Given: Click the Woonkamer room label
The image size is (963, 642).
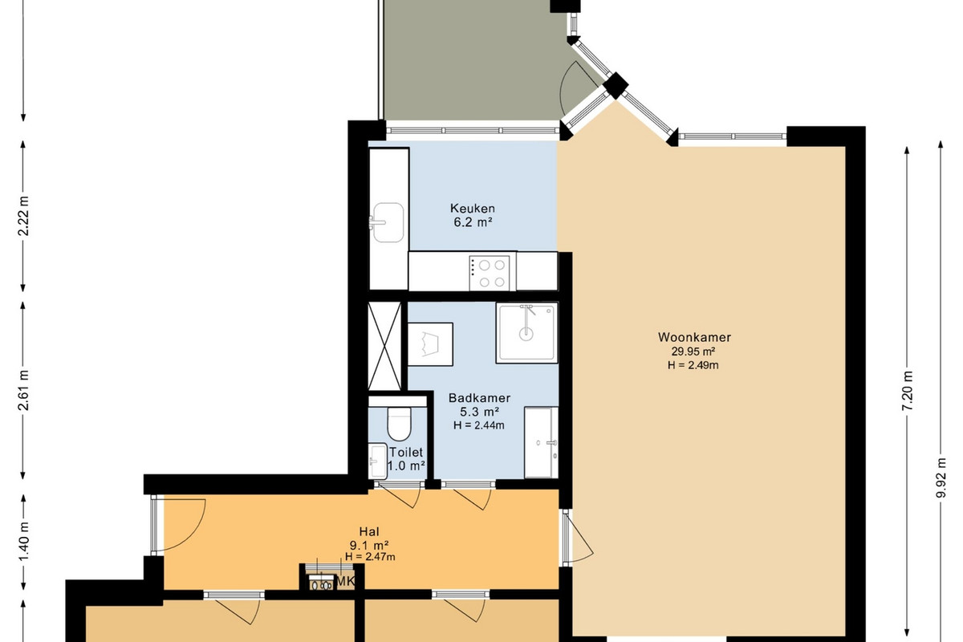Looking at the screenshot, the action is [x=694, y=337].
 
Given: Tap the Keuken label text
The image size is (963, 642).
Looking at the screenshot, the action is [x=473, y=209].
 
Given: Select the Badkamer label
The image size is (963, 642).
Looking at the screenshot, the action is [x=479, y=398].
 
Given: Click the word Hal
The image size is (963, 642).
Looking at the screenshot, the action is [x=369, y=531].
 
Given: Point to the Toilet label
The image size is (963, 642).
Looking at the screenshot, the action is [x=406, y=453].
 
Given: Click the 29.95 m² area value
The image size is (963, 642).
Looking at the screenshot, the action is [x=693, y=351].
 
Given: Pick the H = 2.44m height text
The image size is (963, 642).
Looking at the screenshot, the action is [x=479, y=425].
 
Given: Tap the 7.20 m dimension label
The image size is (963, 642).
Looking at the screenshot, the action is [x=907, y=390].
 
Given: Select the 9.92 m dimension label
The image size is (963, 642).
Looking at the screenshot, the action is [x=941, y=477].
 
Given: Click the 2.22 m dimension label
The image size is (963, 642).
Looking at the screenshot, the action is [x=23, y=216].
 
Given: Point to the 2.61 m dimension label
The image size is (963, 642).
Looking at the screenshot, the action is [x=23, y=390].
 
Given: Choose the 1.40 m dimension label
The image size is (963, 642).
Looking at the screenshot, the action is [x=23, y=541].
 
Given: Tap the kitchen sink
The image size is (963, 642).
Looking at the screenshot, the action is [x=388, y=222].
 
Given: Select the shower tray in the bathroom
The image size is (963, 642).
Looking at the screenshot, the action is [x=527, y=333].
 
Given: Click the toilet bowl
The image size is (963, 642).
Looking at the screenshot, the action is [x=400, y=424].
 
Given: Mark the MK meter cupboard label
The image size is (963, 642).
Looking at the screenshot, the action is [x=345, y=581].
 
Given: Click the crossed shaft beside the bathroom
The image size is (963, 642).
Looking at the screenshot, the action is [x=384, y=346].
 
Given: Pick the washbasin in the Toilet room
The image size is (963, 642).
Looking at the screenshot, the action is [x=378, y=461].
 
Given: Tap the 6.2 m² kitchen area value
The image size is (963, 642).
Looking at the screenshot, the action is [x=473, y=223].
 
